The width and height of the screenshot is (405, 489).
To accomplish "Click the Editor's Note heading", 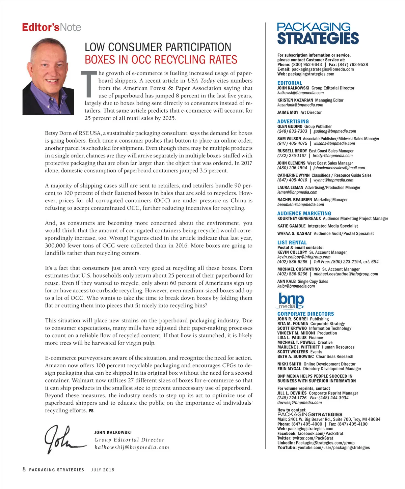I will [52, 27].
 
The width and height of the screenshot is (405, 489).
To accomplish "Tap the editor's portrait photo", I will [48, 77].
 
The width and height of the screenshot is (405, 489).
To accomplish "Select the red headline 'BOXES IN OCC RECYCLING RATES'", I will [161, 60].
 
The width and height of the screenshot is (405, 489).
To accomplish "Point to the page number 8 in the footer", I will [24, 469].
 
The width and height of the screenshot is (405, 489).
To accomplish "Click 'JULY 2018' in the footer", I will [103, 470].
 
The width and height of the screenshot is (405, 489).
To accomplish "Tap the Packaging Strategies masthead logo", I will [318, 33].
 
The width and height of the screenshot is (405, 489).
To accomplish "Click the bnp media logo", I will [291, 300].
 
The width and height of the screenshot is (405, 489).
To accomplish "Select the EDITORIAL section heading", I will [290, 83].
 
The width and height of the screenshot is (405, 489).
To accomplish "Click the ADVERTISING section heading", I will [293, 121].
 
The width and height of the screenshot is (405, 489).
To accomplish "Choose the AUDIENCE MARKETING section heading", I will [304, 213].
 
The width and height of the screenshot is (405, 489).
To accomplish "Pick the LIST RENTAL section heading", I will [292, 242].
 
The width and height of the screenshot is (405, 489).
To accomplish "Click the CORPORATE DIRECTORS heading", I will [305, 314].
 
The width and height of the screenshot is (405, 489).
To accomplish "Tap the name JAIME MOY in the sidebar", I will [288, 112].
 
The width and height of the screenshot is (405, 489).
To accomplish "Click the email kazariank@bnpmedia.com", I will [300, 105].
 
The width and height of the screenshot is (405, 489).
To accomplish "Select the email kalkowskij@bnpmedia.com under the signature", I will [132, 447].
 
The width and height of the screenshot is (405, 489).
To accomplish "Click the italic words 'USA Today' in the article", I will [201, 81].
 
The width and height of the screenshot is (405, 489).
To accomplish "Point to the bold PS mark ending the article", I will [91, 411].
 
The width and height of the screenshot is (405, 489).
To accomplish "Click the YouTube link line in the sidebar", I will [323, 448].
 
